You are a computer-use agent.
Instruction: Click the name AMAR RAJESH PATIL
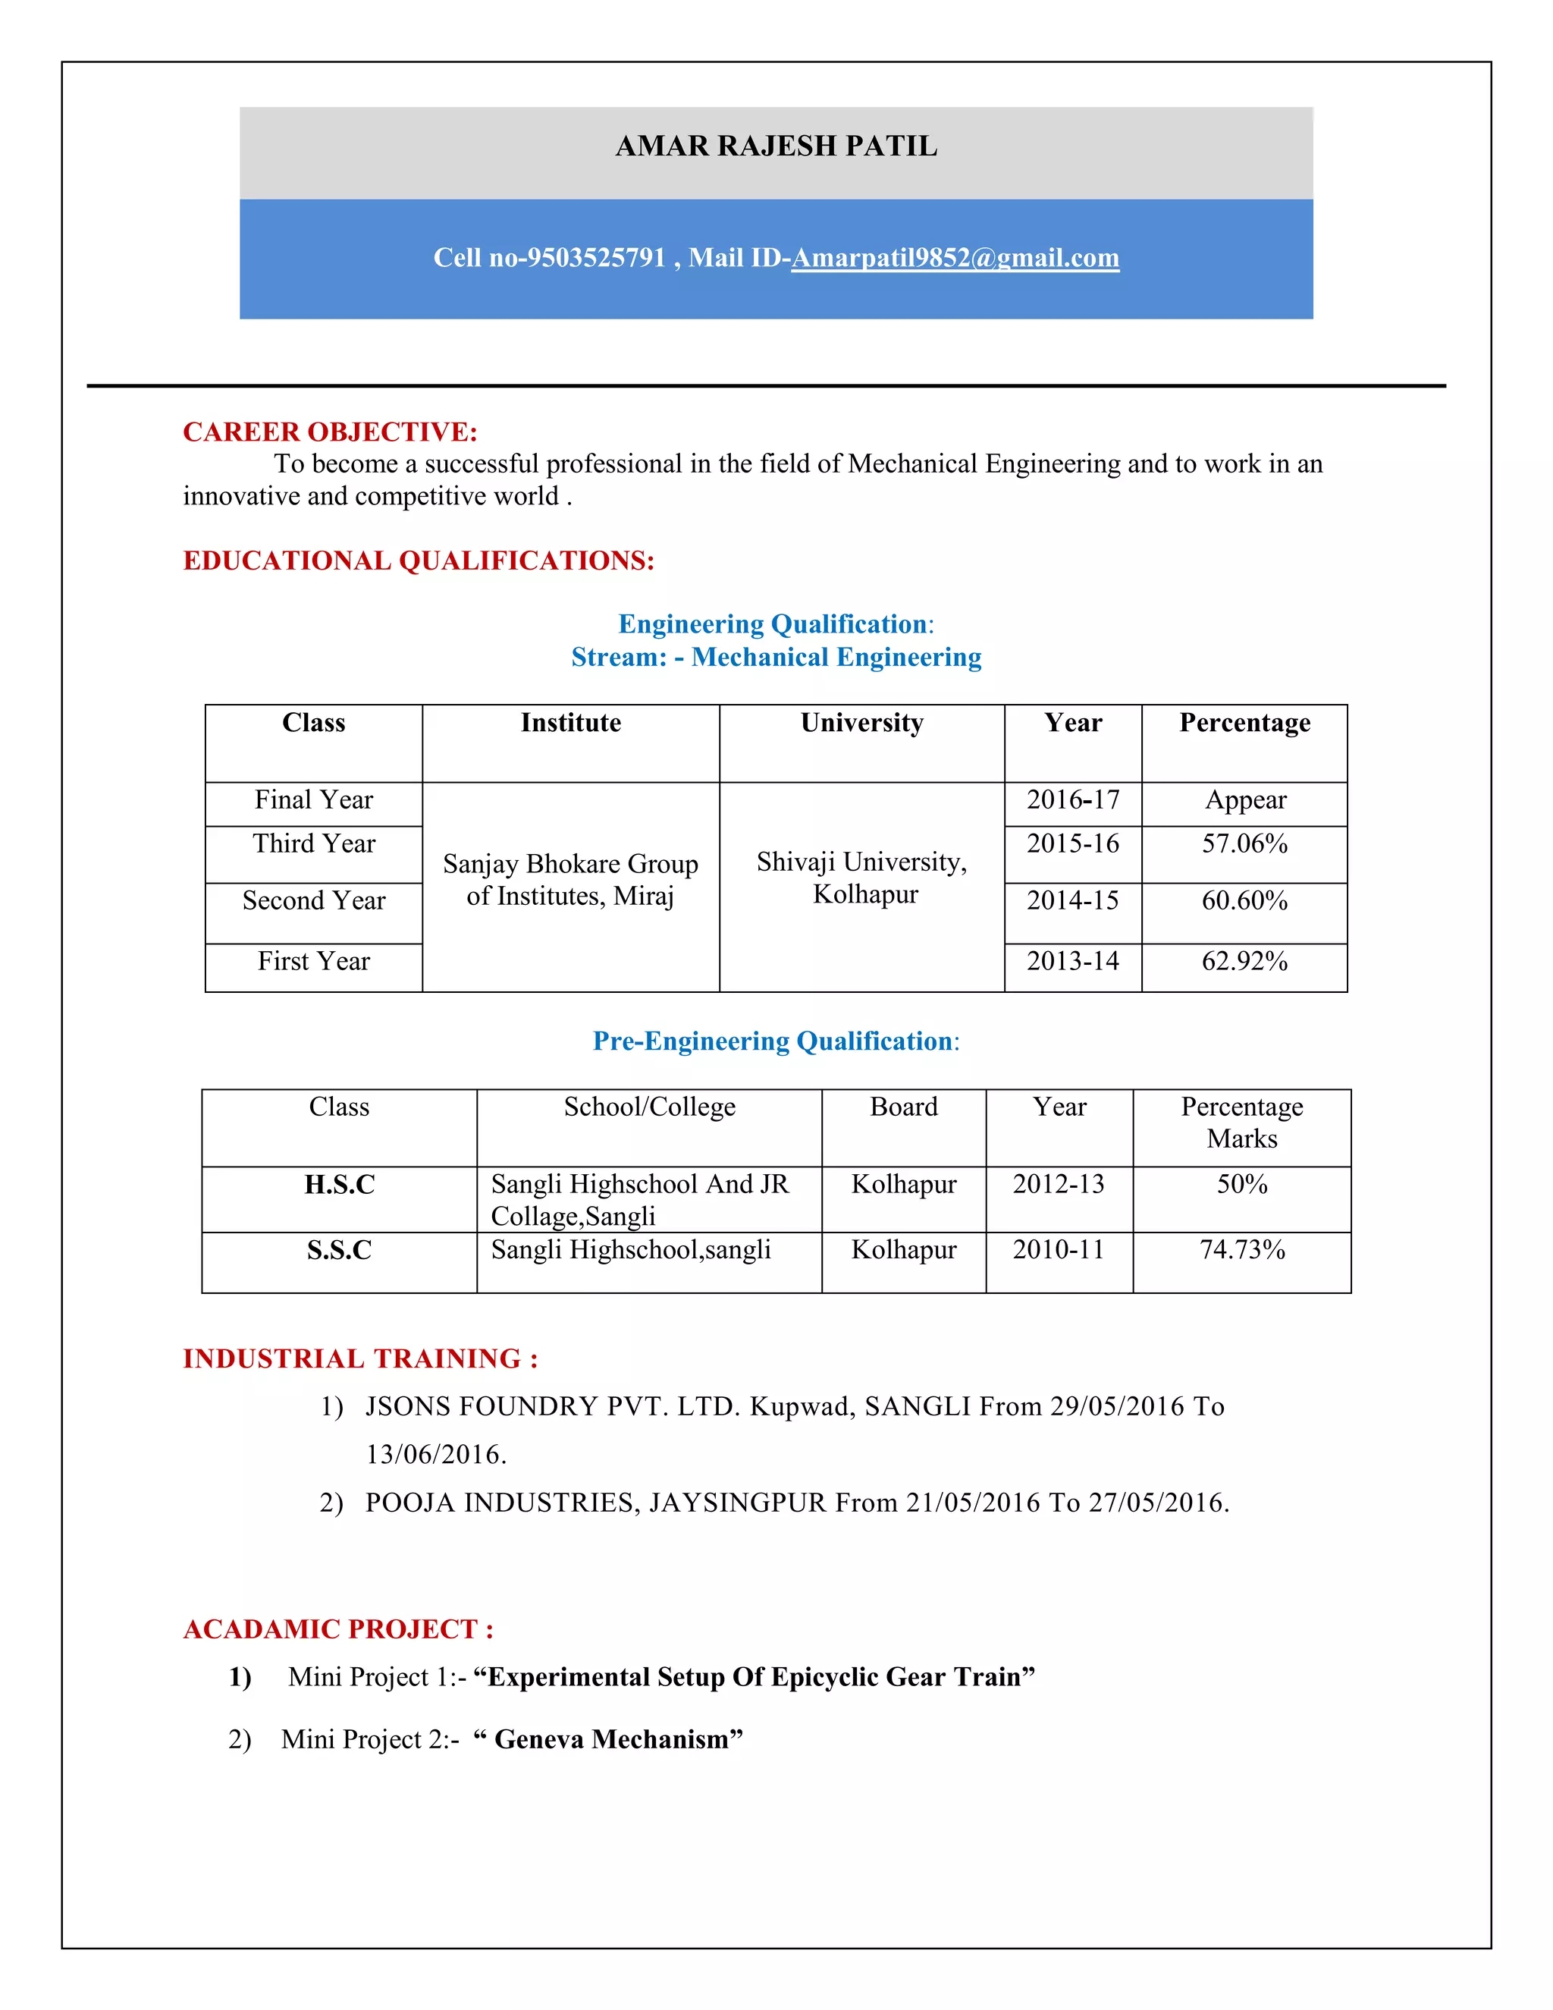776,146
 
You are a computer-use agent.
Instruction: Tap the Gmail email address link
954,258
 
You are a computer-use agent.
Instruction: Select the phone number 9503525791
595,258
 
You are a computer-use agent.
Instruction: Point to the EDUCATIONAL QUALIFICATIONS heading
418,561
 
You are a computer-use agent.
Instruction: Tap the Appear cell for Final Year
1245,799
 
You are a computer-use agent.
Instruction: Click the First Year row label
314,962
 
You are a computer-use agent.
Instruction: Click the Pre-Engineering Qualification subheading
775,1041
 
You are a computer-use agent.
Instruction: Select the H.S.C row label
340,1185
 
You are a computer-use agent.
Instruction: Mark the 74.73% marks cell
1241,1250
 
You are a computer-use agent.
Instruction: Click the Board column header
903,1107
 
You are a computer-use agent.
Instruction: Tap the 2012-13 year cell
1058,1185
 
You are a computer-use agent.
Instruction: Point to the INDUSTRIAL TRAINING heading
359,1358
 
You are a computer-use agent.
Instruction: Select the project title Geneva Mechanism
611,1739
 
